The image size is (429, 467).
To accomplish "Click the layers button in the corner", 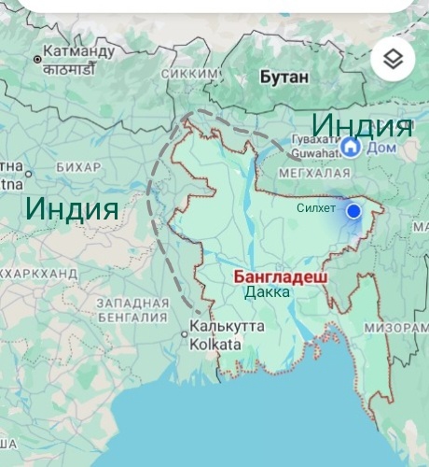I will point(393,60).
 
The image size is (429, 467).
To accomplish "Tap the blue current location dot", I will point(353,212).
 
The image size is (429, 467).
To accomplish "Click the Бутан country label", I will point(284,77).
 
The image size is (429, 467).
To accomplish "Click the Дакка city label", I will point(268,292).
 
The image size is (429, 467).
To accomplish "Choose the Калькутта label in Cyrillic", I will point(227,328).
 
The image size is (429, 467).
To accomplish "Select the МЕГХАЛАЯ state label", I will point(315,173).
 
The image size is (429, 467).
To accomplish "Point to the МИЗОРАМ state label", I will point(396,328).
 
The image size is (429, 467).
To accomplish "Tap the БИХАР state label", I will point(78,166).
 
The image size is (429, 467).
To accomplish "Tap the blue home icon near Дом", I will point(351,146).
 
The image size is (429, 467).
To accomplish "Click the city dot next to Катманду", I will point(37,60).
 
